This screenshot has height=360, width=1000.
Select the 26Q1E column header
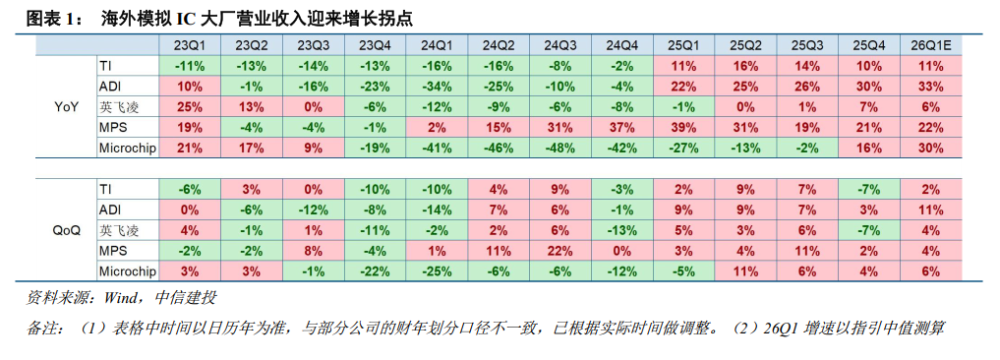930,45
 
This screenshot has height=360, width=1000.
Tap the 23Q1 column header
190,45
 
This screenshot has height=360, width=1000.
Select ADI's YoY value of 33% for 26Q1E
930,86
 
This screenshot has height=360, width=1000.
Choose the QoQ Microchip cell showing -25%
437,271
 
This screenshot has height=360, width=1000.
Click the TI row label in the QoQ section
106,188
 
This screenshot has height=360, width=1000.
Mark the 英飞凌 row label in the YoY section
113,106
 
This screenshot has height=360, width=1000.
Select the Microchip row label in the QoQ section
128,271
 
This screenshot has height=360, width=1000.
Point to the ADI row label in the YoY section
109,86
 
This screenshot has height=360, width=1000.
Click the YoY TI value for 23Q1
190,65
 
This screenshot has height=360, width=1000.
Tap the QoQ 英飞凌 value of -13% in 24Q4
621,230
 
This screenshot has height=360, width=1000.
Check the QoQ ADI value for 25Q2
744,210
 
